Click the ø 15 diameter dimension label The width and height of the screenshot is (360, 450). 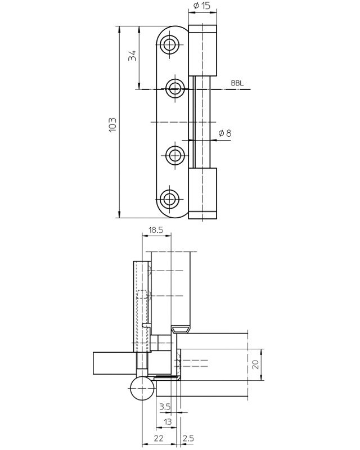(x=202, y=6)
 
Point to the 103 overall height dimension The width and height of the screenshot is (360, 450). (x=112, y=124)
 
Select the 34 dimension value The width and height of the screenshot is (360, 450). (x=132, y=56)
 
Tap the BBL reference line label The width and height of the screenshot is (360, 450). (x=237, y=83)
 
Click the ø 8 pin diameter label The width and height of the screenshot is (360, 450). (x=224, y=133)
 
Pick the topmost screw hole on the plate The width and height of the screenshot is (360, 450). (x=170, y=45)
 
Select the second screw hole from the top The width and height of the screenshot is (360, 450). (x=175, y=89)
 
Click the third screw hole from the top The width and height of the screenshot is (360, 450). (x=174, y=156)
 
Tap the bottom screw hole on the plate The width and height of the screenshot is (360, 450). (x=170, y=199)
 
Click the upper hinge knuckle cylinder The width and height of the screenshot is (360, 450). (x=202, y=51)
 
